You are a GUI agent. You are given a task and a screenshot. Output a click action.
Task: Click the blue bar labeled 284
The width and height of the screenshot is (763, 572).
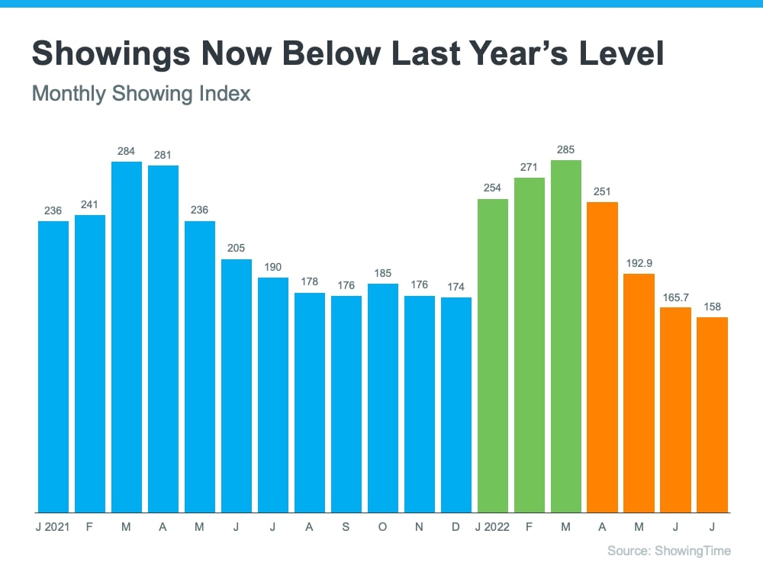click(x=127, y=336)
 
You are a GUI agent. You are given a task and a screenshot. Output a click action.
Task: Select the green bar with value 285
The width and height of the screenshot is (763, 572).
click(x=566, y=336)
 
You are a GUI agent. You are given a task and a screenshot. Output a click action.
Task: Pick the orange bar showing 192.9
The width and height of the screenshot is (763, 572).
click(x=639, y=393)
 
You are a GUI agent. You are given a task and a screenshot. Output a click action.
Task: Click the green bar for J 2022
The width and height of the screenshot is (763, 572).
click(x=493, y=355)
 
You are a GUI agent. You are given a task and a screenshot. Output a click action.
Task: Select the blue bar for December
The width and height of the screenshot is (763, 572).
click(x=456, y=404)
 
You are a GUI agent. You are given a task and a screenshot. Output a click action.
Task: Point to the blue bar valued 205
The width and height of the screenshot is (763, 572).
click(x=237, y=385)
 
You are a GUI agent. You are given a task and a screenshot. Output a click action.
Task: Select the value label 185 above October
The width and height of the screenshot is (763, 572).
click(x=383, y=272)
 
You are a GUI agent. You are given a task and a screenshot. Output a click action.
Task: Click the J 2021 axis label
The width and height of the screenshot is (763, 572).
click(x=53, y=526)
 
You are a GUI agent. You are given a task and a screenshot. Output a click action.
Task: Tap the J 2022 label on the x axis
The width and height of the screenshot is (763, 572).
click(x=492, y=526)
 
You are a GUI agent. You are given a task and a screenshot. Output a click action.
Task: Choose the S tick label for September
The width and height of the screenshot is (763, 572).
click(x=346, y=526)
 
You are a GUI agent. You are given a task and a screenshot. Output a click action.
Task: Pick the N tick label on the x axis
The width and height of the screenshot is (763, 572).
click(x=420, y=526)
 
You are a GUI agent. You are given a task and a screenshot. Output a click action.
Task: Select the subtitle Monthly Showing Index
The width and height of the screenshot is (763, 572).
click(x=141, y=94)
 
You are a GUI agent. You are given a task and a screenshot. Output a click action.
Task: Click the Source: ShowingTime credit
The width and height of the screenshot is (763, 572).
click(x=669, y=551)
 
